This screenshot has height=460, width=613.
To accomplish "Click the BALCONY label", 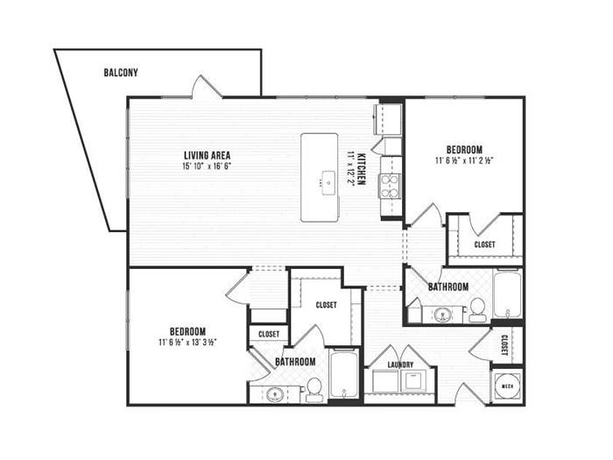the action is [121, 73].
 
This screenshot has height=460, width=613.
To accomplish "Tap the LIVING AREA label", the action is [208, 155].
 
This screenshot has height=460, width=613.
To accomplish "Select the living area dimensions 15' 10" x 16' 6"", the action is [208, 166].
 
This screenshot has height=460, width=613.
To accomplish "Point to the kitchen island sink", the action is [328, 182].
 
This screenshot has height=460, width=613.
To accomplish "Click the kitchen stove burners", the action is [390, 186].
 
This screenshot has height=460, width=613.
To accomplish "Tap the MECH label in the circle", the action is [507, 386].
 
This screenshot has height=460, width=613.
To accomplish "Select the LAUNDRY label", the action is [400, 365].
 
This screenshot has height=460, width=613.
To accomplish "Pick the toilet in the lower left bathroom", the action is [314, 390].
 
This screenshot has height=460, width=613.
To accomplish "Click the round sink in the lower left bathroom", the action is [275, 394].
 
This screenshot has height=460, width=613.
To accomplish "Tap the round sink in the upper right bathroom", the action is [443, 314].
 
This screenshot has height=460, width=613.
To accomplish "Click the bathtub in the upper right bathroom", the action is [507, 294].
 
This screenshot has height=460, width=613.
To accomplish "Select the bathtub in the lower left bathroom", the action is [343, 373].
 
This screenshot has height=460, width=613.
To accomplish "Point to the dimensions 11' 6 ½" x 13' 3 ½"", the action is [187, 343].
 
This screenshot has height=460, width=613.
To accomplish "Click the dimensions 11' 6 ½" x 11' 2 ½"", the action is [464, 160].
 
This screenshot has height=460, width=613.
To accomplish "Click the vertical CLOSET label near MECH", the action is [504, 345].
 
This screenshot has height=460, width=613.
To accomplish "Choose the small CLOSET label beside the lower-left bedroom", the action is [269, 334].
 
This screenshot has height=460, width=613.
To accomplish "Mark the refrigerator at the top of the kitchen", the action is [389, 119].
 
